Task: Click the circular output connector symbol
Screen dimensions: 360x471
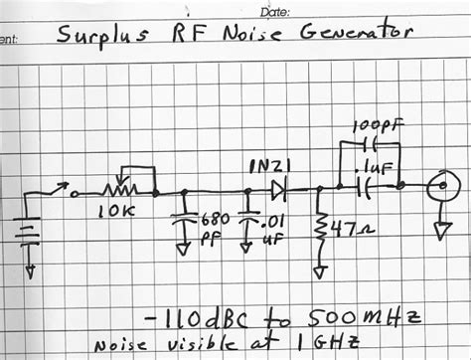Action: (438, 187)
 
